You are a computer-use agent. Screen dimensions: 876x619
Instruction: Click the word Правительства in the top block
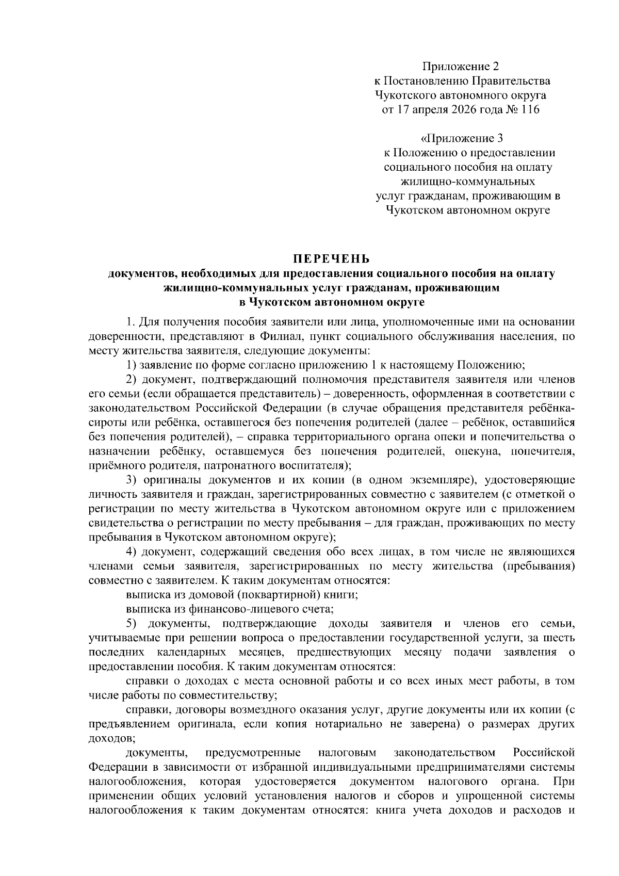tap(511, 81)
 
